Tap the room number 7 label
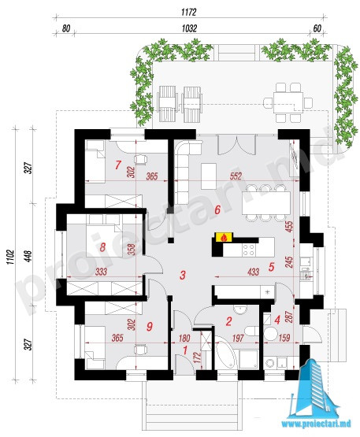118,165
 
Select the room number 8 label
102,247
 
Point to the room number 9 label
150,326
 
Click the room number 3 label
183,276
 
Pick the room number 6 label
217,209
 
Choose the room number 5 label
271,267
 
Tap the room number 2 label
228,321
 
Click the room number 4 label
277,320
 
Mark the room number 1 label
184,350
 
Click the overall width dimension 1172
189,12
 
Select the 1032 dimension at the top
189,28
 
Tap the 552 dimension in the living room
236,176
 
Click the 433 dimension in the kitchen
253,272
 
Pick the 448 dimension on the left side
29,256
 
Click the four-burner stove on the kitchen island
248,250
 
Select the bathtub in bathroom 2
226,353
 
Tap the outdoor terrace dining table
288,102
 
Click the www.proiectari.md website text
316,424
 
